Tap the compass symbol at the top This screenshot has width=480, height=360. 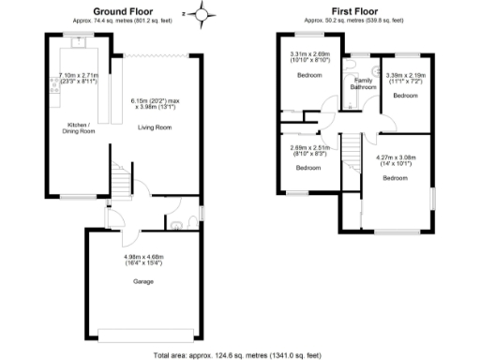[x=206, y=13]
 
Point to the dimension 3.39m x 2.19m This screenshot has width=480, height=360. [x=405, y=77]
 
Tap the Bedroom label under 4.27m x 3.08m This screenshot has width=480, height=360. [x=394, y=177]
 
